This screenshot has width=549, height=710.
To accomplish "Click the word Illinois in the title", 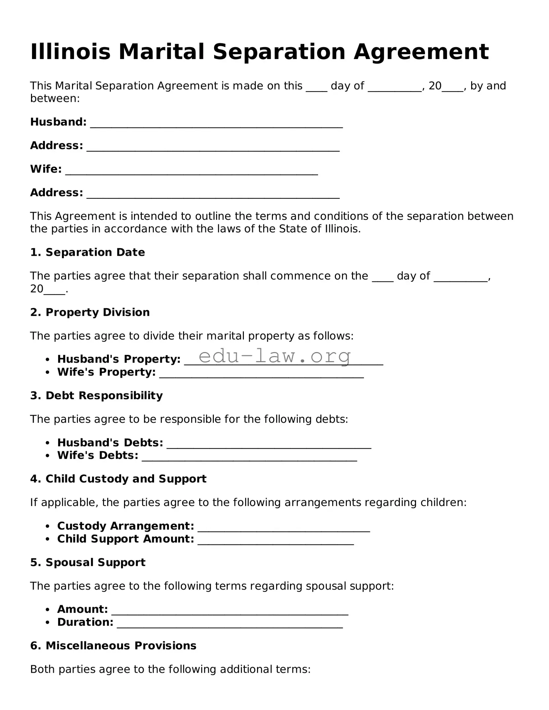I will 70,52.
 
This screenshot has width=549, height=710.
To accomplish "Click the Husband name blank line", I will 216,125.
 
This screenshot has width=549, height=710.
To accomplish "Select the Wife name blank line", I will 191,172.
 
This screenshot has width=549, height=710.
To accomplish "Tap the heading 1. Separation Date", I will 87,252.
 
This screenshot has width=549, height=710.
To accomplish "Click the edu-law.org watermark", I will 275,356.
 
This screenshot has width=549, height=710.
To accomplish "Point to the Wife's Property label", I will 106,372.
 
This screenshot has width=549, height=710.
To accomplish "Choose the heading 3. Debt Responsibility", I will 96,396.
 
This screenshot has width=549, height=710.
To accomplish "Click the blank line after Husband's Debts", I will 269,446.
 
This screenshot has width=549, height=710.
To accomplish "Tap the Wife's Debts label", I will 98,456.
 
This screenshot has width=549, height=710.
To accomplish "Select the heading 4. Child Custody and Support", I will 118,479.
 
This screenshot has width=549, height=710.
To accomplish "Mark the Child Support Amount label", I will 125,539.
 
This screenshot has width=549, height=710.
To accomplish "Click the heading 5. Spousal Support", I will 88,562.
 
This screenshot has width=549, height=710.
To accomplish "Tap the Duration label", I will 85,622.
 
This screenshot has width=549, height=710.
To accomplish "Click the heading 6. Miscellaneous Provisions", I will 113,646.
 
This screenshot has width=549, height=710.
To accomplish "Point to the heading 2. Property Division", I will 90,312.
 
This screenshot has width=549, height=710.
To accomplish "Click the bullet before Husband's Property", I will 48,359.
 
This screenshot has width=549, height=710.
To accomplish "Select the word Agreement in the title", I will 421,52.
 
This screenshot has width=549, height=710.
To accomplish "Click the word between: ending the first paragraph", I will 55,99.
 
